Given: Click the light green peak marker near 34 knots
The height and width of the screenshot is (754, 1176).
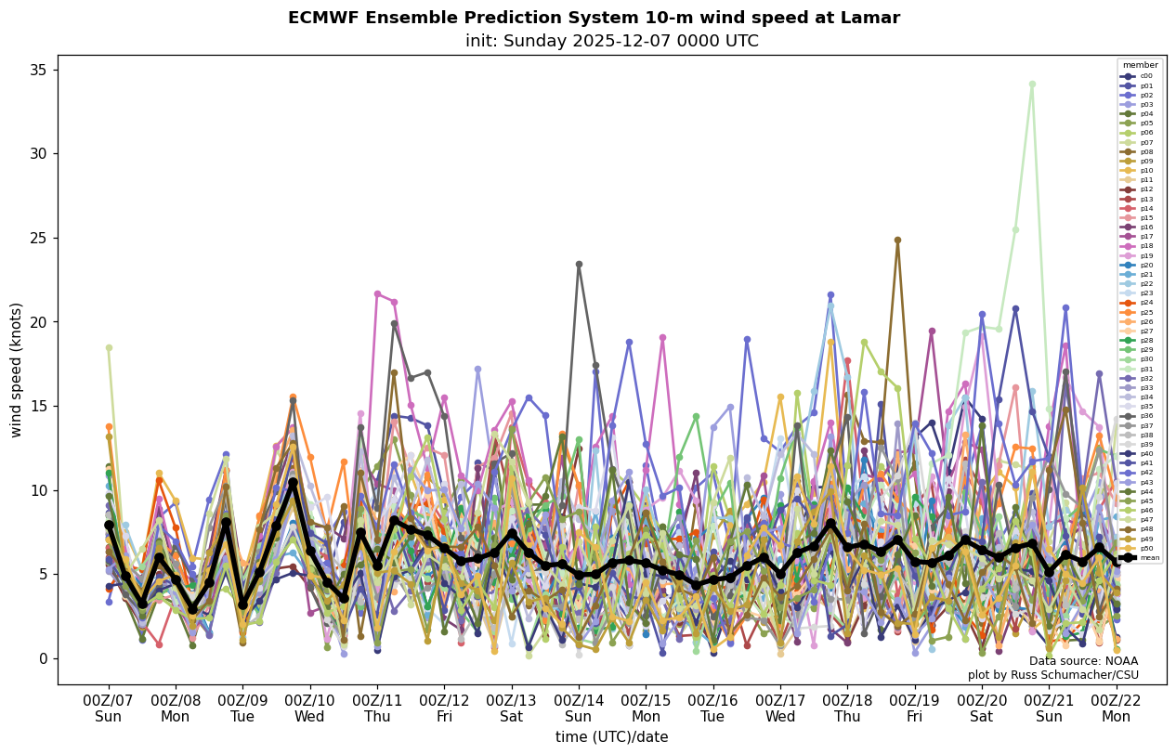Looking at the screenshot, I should [1032, 84].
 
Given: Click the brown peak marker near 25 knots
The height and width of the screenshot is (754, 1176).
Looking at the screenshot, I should [897, 240].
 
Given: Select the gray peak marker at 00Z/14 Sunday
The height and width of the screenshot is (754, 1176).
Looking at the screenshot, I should [579, 265].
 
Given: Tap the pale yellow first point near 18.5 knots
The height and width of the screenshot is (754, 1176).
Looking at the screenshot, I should [109, 347].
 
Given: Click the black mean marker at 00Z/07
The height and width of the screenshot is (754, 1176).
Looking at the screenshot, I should [109, 526].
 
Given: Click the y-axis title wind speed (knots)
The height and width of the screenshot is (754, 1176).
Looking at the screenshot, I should [17, 370].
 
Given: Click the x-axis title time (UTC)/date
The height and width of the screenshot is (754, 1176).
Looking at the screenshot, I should [611, 737].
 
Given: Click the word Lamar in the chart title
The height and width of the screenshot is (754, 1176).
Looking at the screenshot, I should [871, 18].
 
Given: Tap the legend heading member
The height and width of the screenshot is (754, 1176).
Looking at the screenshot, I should [1140, 65].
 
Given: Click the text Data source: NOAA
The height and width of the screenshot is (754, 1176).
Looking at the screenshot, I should [1083, 661].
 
